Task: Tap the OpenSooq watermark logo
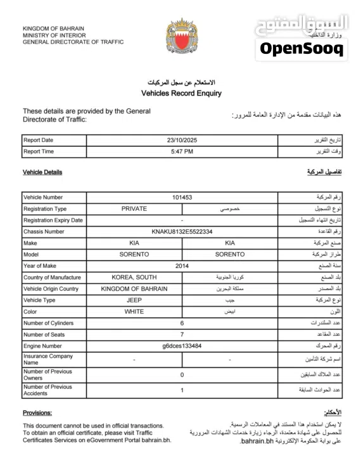coord(302,48)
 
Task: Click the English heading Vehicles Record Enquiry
coord(181,93)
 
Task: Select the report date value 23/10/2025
coord(182,140)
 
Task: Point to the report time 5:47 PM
coord(182,151)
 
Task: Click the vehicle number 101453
coord(182,197)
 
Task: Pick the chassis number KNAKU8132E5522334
coord(182,232)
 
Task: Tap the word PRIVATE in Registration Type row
coord(134,208)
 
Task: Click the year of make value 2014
coord(182,266)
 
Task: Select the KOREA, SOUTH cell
coord(134,277)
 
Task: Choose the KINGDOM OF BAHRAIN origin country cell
coord(134,289)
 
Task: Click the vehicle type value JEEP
coord(134,300)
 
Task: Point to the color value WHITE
coord(134,312)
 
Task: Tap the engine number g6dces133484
coord(182,346)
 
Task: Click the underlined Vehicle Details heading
coord(42,172)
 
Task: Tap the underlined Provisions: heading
coord(37,412)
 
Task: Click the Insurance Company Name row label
coord(48,359)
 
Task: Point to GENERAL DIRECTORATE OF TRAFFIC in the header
coord(73,42)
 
